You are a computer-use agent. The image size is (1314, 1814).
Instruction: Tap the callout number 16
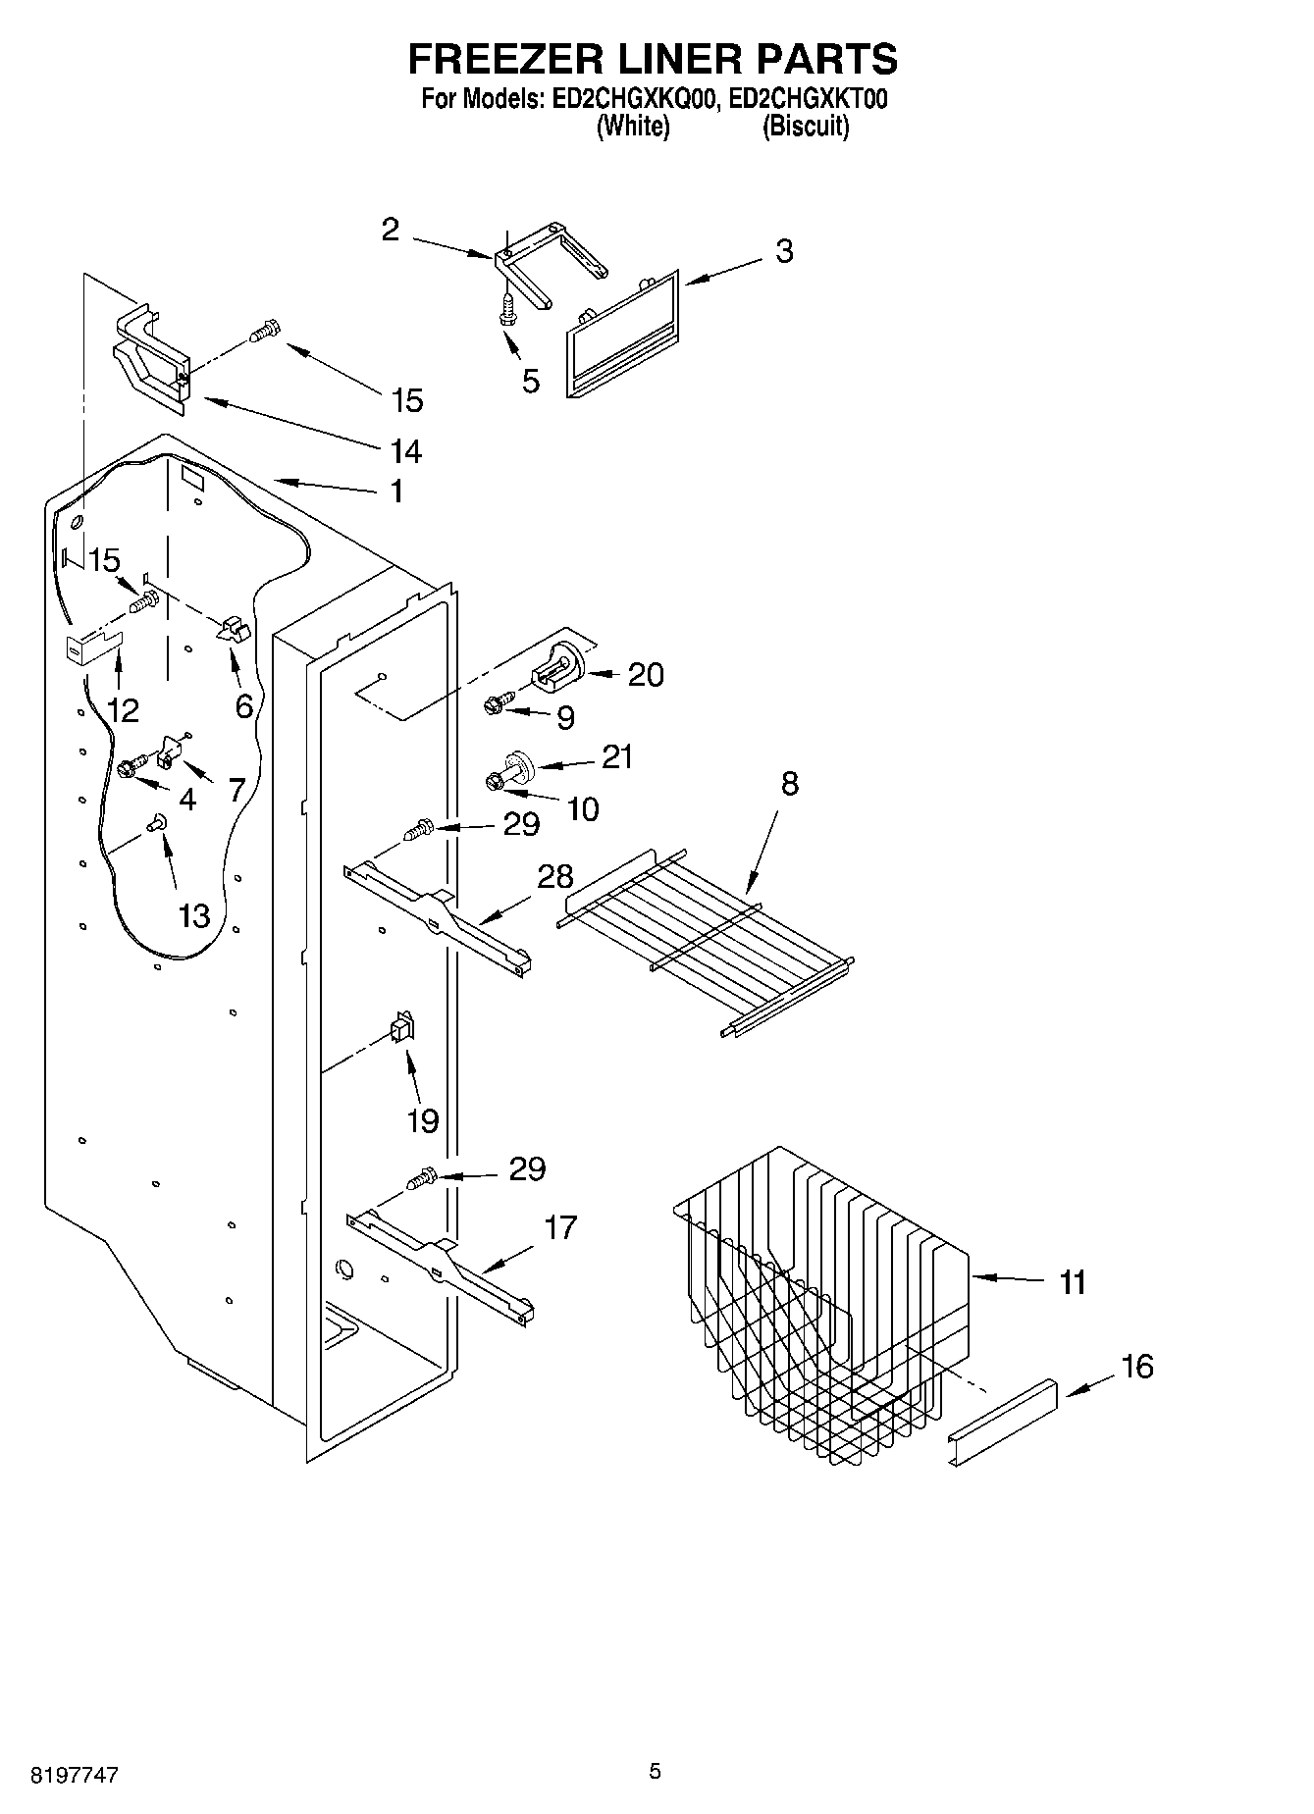[x=1137, y=1366]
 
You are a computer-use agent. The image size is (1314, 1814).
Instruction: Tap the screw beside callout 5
[x=507, y=310]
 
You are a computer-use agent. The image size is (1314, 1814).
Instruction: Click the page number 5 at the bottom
[x=655, y=1771]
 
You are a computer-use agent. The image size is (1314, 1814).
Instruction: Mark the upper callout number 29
[x=521, y=824]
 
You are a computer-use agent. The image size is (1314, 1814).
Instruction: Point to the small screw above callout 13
[x=156, y=825]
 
